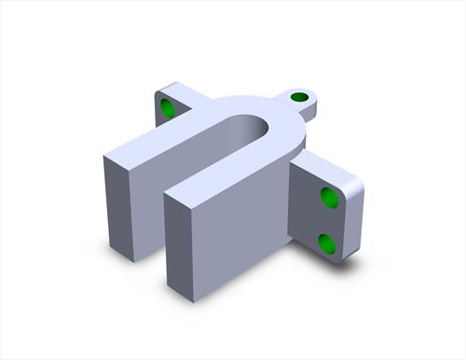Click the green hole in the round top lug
point(299,97)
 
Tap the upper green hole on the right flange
point(329,197)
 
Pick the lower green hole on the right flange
point(326,243)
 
